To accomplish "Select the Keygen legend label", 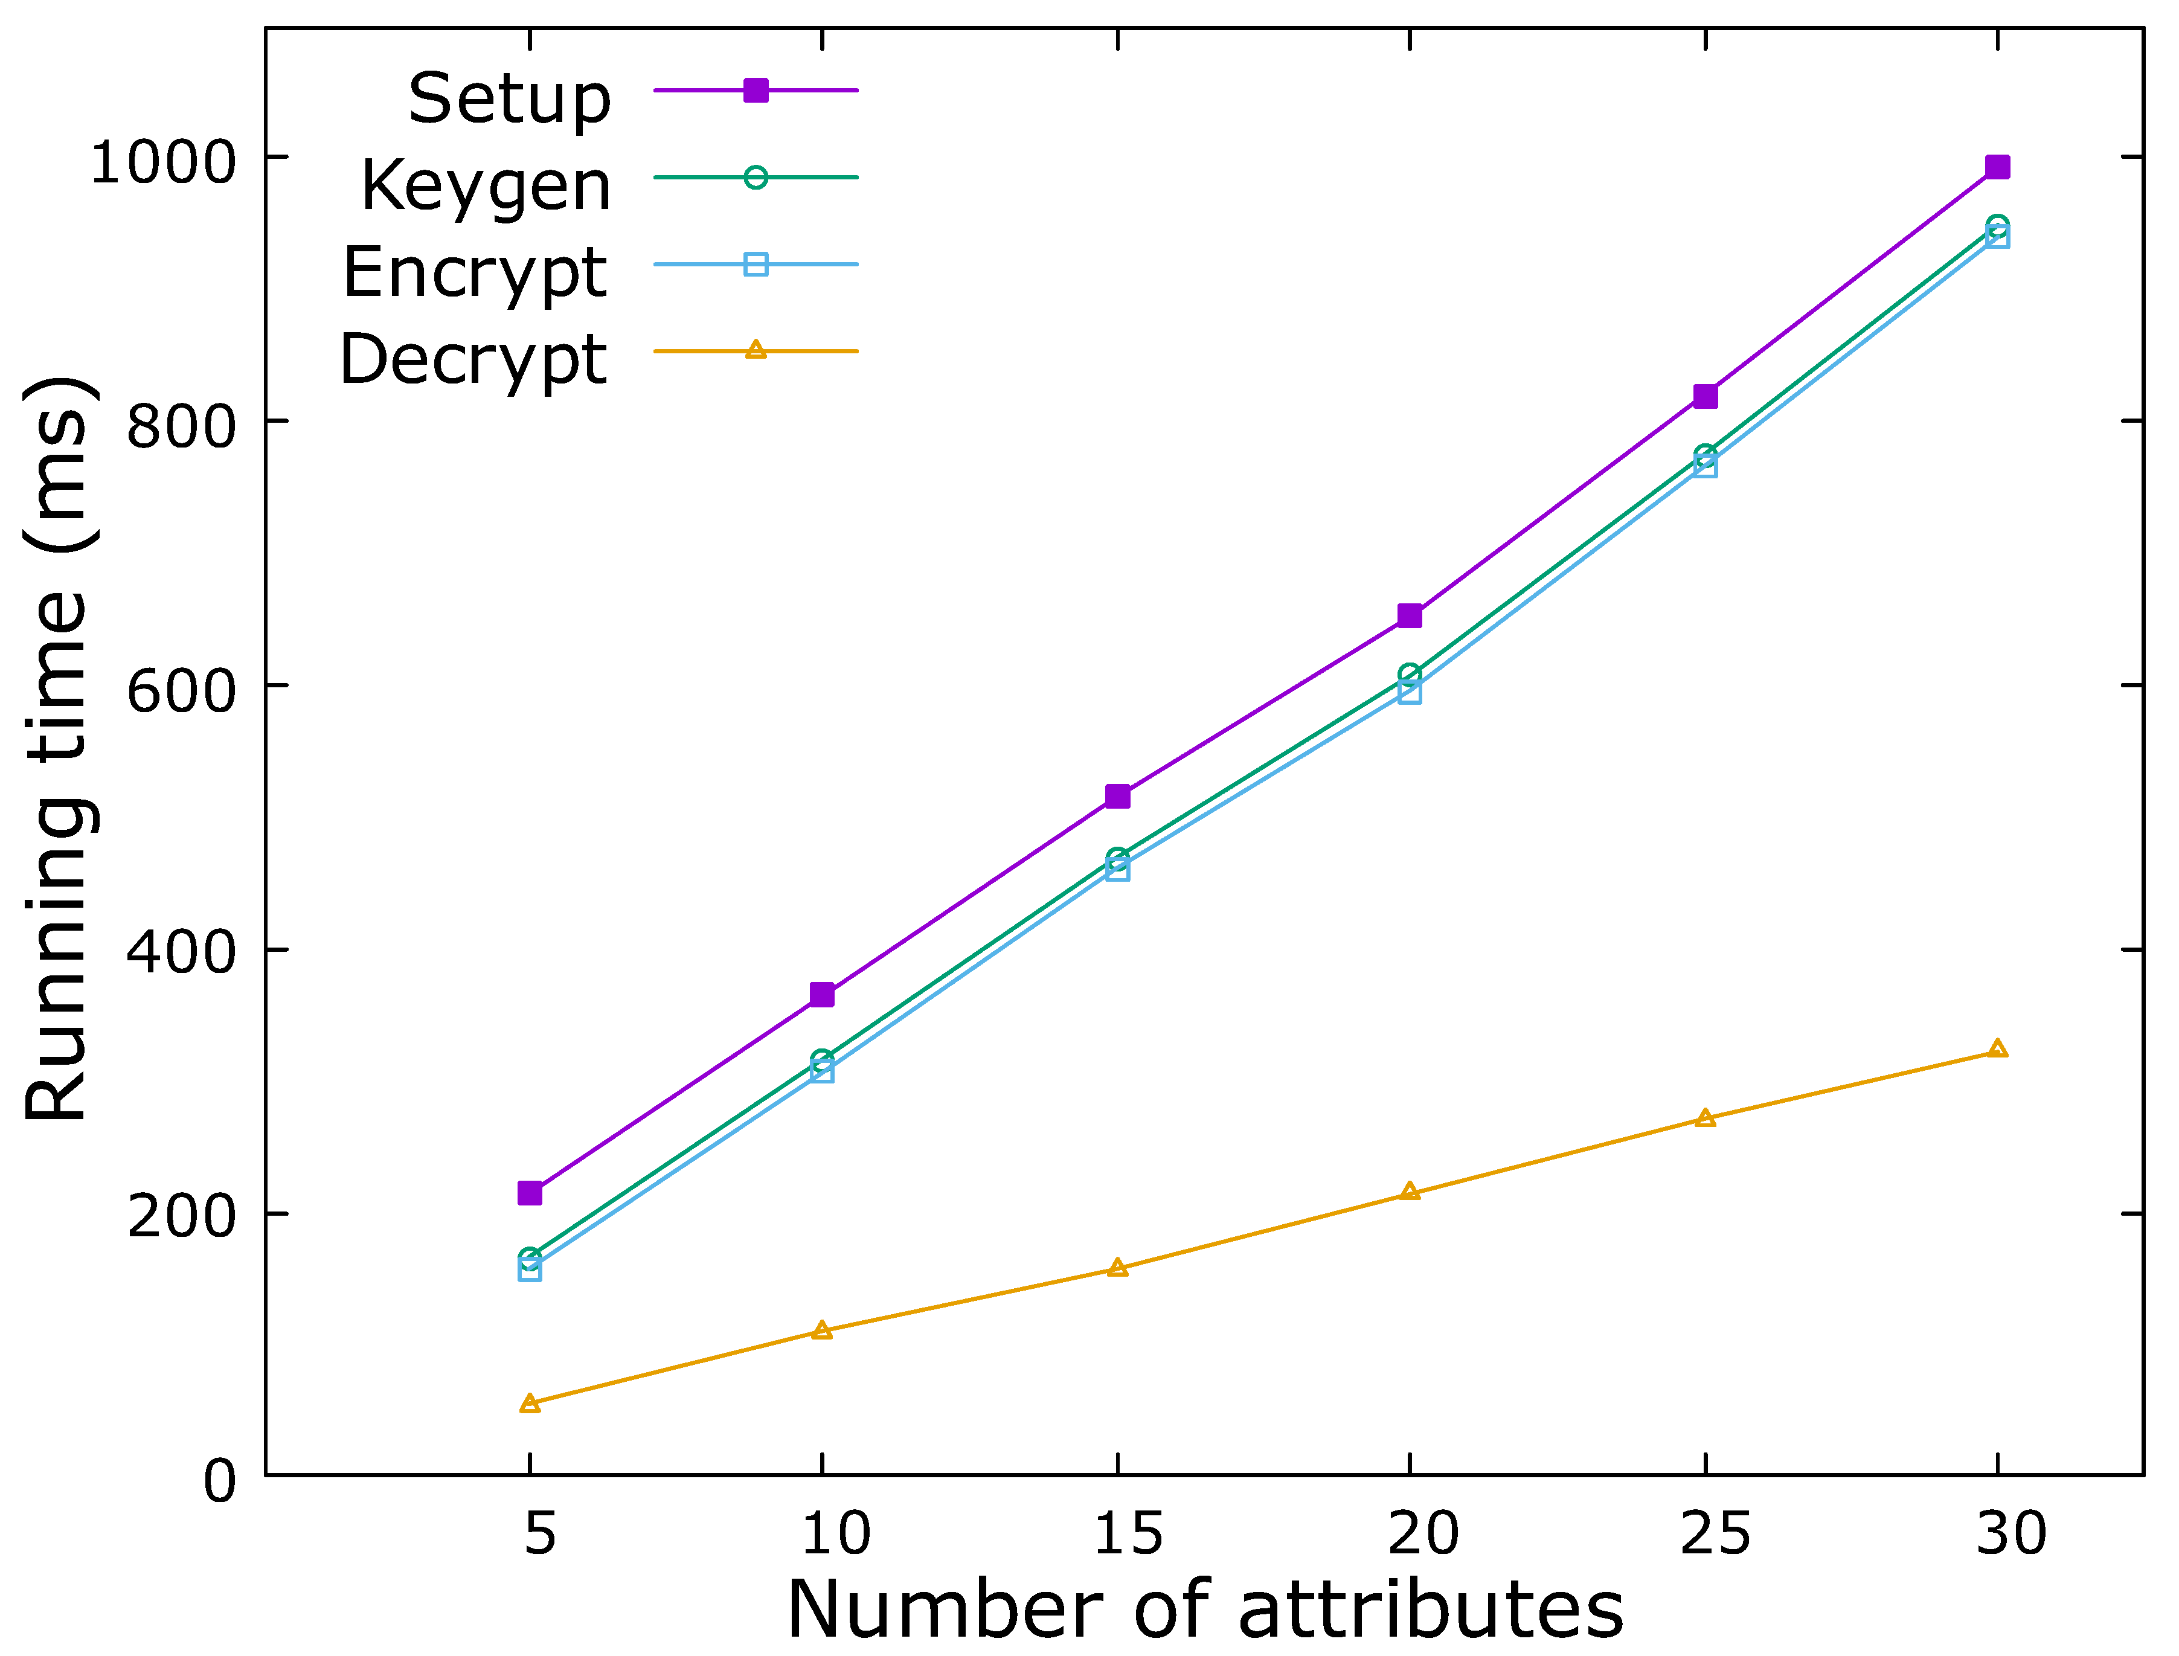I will click(486, 186).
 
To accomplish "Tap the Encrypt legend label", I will click(474, 273).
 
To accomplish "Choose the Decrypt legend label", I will click(473, 360).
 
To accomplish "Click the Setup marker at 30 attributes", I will click(1997, 167).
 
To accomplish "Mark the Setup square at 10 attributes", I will click(822, 995).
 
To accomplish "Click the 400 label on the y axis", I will click(182, 953).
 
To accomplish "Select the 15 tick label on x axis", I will click(1129, 1534).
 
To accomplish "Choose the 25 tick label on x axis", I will click(1716, 1534).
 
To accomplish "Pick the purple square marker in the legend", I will click(755, 91).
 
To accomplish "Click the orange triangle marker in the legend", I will click(755, 350).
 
